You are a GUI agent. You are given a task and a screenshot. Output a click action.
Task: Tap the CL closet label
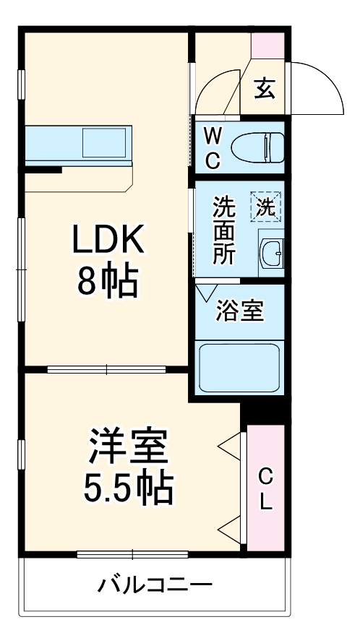coord(265,489)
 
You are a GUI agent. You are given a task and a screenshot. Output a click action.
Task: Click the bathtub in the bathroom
coord(239,368)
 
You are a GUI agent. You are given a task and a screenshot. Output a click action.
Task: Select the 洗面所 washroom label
coord(223,231)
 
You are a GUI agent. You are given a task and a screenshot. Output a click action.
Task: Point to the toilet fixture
coord(257,148)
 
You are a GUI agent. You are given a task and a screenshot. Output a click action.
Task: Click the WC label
coord(212,147)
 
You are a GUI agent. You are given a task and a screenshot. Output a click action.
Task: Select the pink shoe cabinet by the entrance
coord(268,45)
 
